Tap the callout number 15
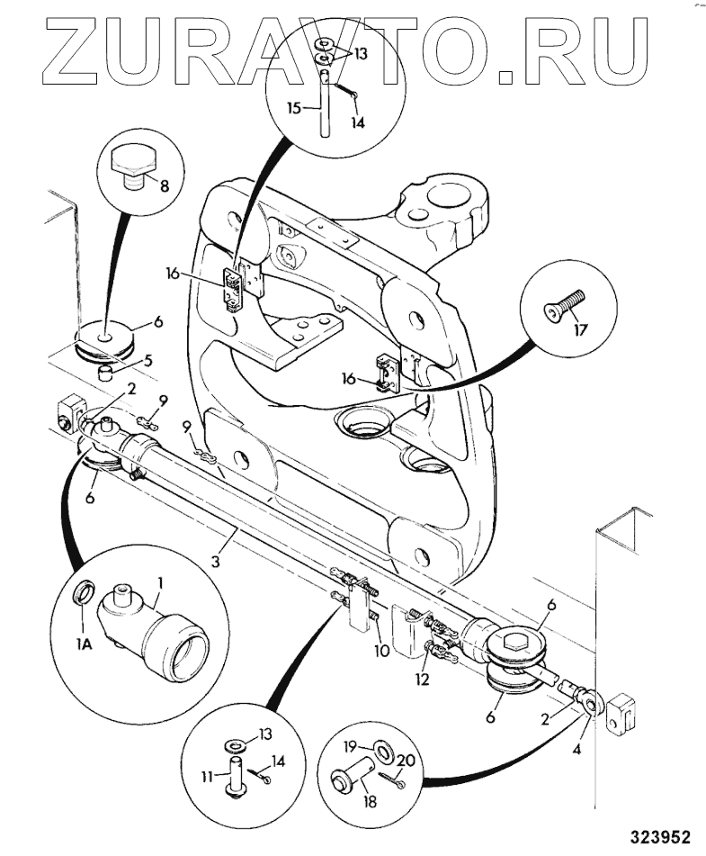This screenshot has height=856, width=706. pyautogui.click(x=294, y=107)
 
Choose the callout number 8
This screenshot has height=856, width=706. pyautogui.click(x=164, y=187)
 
